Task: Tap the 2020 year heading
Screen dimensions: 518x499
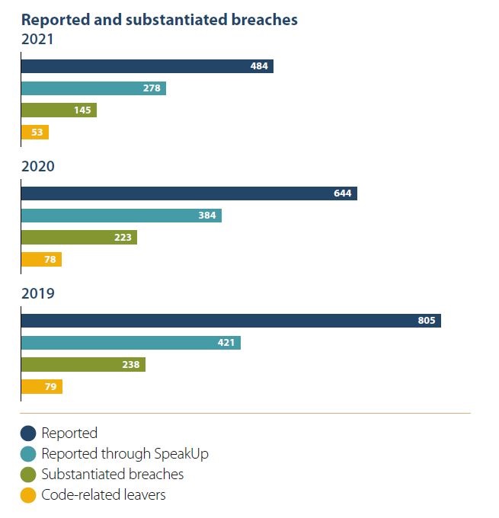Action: click(x=37, y=166)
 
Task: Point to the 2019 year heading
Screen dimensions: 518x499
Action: click(x=37, y=293)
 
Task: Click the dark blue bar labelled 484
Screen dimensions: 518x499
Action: click(x=146, y=66)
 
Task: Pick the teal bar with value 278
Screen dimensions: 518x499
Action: click(x=93, y=88)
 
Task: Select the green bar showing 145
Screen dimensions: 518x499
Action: click(x=59, y=110)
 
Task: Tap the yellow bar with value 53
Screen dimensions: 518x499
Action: click(x=35, y=133)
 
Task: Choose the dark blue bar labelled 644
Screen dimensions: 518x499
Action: click(x=189, y=193)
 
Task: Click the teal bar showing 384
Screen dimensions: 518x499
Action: click(x=121, y=216)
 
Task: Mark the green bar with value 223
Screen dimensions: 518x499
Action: click(x=78, y=238)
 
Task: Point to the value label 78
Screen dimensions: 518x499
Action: click(x=51, y=260)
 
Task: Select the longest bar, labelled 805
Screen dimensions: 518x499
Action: click(x=231, y=321)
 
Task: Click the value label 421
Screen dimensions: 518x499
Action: click(x=226, y=343)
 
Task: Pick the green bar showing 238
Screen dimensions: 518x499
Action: click(x=83, y=365)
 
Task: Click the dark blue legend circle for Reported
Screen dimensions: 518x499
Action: click(x=28, y=433)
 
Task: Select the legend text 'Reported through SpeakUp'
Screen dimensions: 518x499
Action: click(x=125, y=454)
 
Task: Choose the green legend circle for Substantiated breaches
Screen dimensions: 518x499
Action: click(x=28, y=475)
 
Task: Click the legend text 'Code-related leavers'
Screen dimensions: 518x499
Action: click(x=104, y=495)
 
